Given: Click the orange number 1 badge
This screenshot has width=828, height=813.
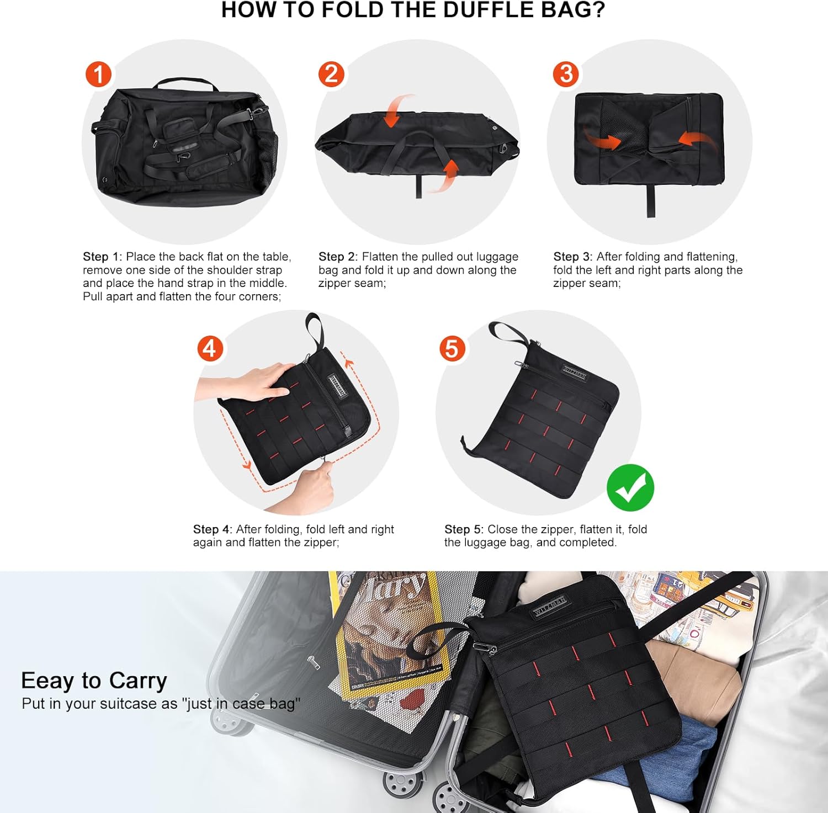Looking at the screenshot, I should pyautogui.click(x=99, y=75).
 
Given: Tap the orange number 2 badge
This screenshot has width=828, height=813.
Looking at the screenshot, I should pyautogui.click(x=331, y=74).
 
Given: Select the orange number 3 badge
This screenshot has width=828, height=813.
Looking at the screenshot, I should pyautogui.click(x=566, y=74).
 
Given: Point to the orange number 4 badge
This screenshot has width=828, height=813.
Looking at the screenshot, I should pyautogui.click(x=210, y=349).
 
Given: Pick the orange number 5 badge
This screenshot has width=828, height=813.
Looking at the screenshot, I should pyautogui.click(x=452, y=349).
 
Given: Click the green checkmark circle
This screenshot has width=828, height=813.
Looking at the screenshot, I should pyautogui.click(x=630, y=488).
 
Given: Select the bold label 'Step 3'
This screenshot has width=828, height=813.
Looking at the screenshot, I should pyautogui.click(x=572, y=257).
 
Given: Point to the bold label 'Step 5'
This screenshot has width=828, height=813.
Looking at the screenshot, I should pyautogui.click(x=463, y=529).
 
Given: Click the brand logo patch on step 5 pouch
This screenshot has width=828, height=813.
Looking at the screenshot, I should pyautogui.click(x=575, y=373).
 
